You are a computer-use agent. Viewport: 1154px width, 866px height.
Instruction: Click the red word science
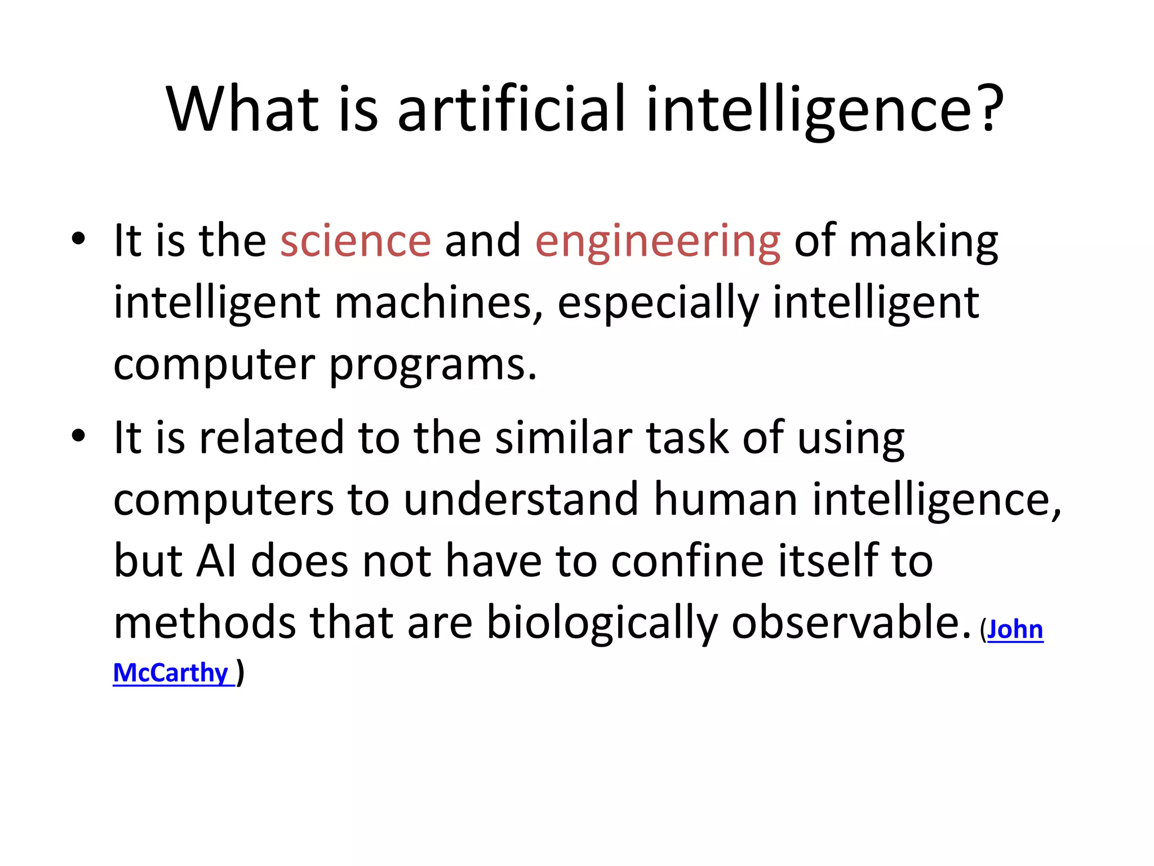[x=356, y=241]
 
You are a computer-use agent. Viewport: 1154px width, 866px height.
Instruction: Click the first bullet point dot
[x=78, y=238]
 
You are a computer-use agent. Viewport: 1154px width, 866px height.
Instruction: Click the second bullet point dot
[x=78, y=435]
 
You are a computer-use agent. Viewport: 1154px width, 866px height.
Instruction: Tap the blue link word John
[x=1015, y=629]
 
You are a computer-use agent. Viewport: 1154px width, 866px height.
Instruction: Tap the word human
[x=726, y=500]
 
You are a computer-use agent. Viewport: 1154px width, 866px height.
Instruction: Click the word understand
[x=521, y=500]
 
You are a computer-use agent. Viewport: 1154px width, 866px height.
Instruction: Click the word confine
[x=687, y=561]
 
